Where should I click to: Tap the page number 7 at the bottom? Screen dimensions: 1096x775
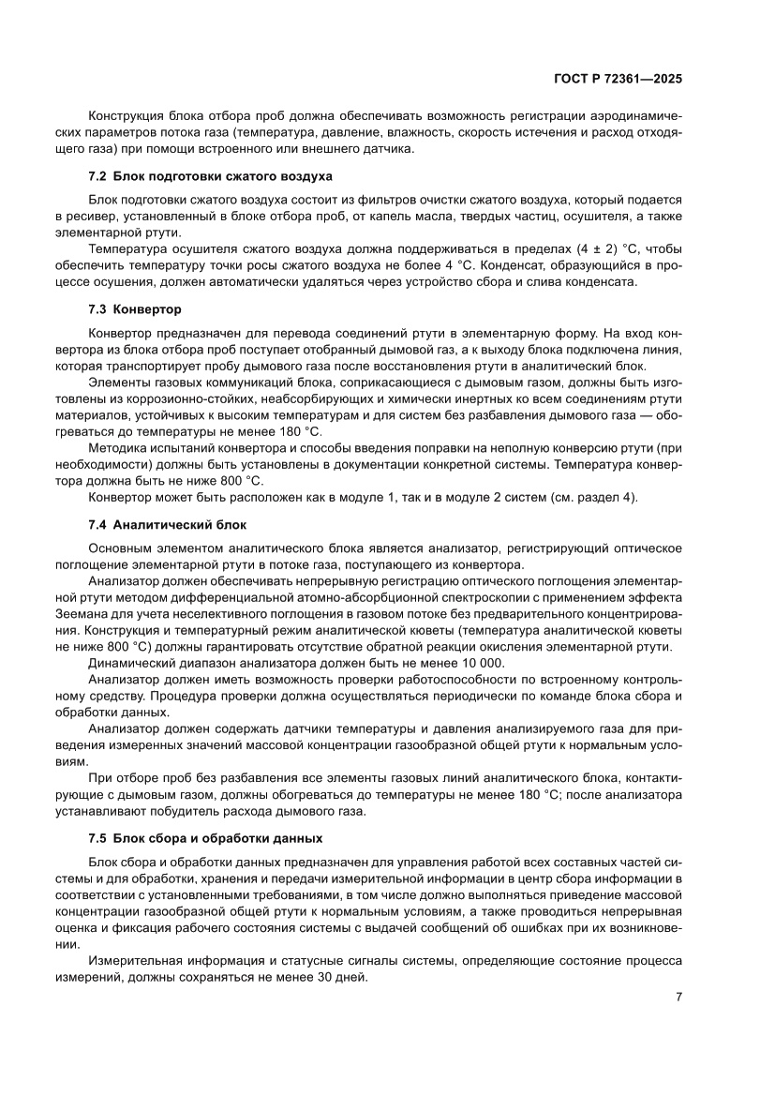pyautogui.click(x=678, y=997)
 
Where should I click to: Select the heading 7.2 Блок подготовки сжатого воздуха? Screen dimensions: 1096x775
pyautogui.click(x=211, y=176)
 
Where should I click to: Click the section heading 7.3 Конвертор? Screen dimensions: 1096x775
pyautogui.click(x=135, y=308)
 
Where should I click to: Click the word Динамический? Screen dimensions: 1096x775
pyautogui.click(x=134, y=663)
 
